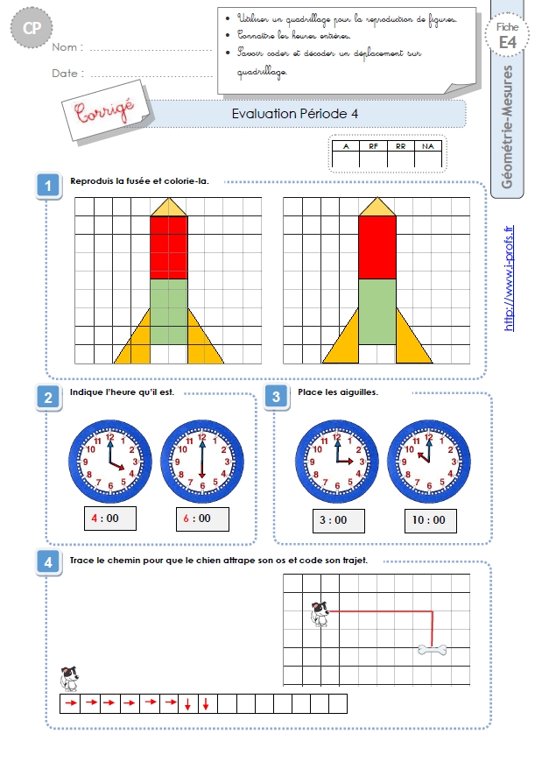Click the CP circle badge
click(32, 28)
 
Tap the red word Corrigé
click(104, 111)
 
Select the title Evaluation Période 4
click(294, 114)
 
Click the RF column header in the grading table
click(373, 146)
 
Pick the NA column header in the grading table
click(428, 146)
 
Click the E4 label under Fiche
click(507, 43)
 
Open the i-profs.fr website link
click(509, 279)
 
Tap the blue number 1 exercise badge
click(48, 186)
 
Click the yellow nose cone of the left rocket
click(169, 208)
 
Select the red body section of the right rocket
click(377, 248)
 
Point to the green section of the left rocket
click(169, 312)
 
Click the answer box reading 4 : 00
click(110, 519)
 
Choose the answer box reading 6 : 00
click(202, 519)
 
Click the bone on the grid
click(433, 649)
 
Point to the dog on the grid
click(320, 614)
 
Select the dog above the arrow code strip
click(69, 679)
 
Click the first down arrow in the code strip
click(187, 703)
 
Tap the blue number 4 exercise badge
click(48, 562)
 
